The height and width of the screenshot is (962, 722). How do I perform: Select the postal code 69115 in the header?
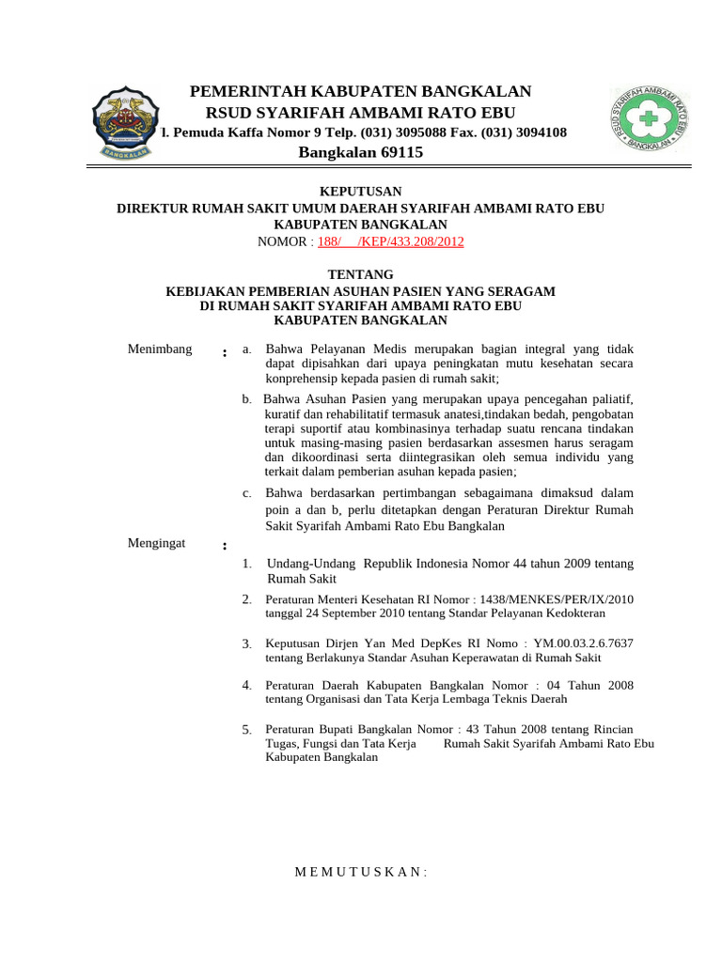coord(401,152)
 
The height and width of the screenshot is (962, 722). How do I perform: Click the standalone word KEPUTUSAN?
coord(360,191)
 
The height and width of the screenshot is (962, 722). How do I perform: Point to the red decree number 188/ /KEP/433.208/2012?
coord(390,241)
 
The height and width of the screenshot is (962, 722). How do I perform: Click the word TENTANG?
coord(360,274)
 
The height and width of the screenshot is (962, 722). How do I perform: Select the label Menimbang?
coord(159,349)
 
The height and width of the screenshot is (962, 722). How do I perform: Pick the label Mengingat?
coord(156,542)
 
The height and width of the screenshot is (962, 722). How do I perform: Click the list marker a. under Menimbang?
coord(246,349)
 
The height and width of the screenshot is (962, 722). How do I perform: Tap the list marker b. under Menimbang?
coord(246,399)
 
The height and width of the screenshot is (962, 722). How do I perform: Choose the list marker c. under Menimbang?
coord(246,493)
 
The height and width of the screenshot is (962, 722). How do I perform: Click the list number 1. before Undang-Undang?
coord(246,564)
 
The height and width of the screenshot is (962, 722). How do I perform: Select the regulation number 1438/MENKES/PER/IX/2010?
coord(557,599)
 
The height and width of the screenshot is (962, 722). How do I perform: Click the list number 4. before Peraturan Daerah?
coord(246,685)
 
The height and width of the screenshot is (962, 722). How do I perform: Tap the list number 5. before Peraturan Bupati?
coord(246,730)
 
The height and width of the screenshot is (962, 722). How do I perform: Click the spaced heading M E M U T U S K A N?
coord(360,872)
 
